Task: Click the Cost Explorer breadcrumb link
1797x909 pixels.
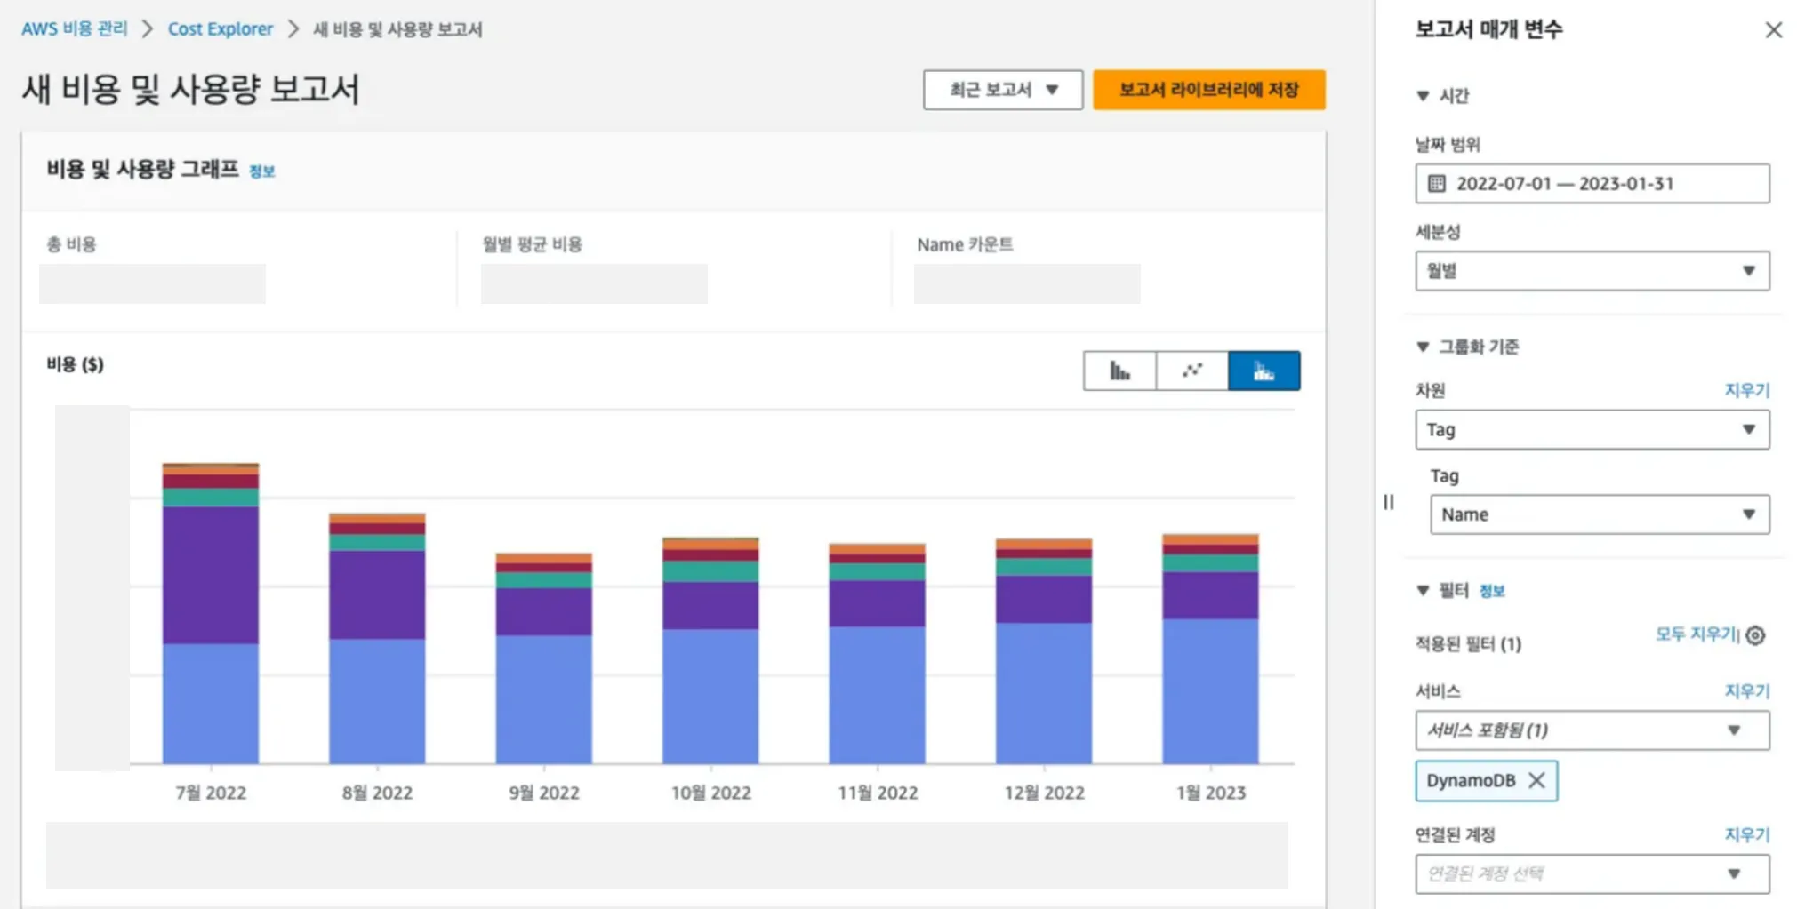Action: point(220,29)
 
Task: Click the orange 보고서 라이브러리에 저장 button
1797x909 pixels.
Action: point(1208,90)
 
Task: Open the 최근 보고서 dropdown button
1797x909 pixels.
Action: point(1002,90)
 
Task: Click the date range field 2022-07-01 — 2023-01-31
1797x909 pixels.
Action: point(1592,184)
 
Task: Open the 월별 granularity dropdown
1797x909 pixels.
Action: point(1592,271)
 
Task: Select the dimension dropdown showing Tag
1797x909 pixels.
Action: point(1592,430)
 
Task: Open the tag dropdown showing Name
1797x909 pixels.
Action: point(1599,514)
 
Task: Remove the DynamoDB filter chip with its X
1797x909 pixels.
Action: point(1536,780)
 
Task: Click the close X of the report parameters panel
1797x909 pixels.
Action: point(1773,30)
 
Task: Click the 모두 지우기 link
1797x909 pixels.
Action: point(1696,634)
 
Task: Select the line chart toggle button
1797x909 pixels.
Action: point(1191,371)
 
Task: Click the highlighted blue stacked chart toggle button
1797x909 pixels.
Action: point(1264,371)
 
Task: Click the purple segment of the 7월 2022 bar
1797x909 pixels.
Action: point(211,574)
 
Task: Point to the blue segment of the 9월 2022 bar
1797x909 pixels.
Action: point(543,698)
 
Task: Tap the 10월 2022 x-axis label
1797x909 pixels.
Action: point(710,793)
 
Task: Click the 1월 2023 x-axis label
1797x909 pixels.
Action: point(1210,793)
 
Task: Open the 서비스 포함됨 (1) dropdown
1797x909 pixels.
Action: point(1592,730)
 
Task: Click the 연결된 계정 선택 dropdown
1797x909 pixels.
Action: point(1592,873)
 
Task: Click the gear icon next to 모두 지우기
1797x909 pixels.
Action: point(1755,635)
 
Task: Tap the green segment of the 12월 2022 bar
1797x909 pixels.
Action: point(1043,567)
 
